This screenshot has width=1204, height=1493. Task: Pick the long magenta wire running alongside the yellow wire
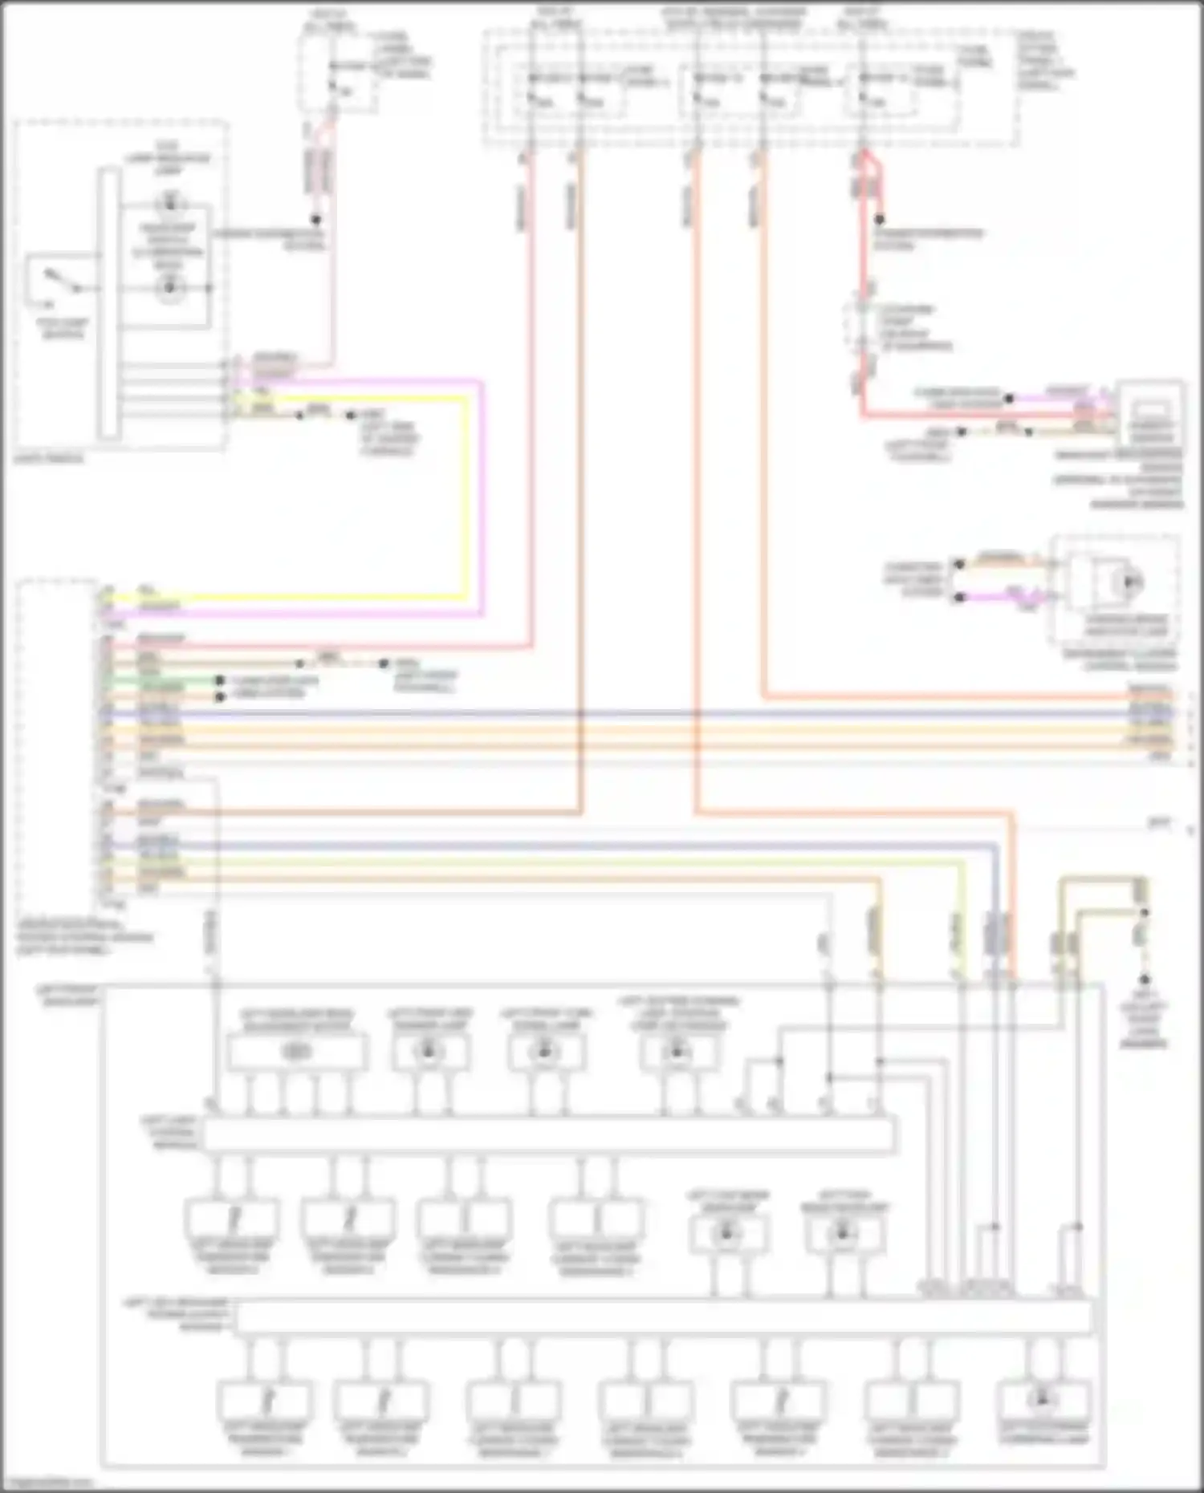pos(482,497)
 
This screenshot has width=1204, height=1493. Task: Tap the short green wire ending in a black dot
pos(161,680)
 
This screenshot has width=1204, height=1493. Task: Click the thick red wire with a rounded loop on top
pos(864,281)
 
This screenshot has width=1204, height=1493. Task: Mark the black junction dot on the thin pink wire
pos(316,219)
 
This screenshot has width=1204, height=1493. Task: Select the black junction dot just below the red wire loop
pos(881,219)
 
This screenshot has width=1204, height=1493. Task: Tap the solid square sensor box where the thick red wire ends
pos(1151,413)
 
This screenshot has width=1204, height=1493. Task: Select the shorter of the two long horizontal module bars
pos(549,1134)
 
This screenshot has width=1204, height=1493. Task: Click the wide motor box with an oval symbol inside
pos(297,1051)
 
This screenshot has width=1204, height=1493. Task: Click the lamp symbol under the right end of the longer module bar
pos(1043,1400)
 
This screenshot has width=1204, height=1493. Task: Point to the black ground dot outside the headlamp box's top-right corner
pos(1145,980)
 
